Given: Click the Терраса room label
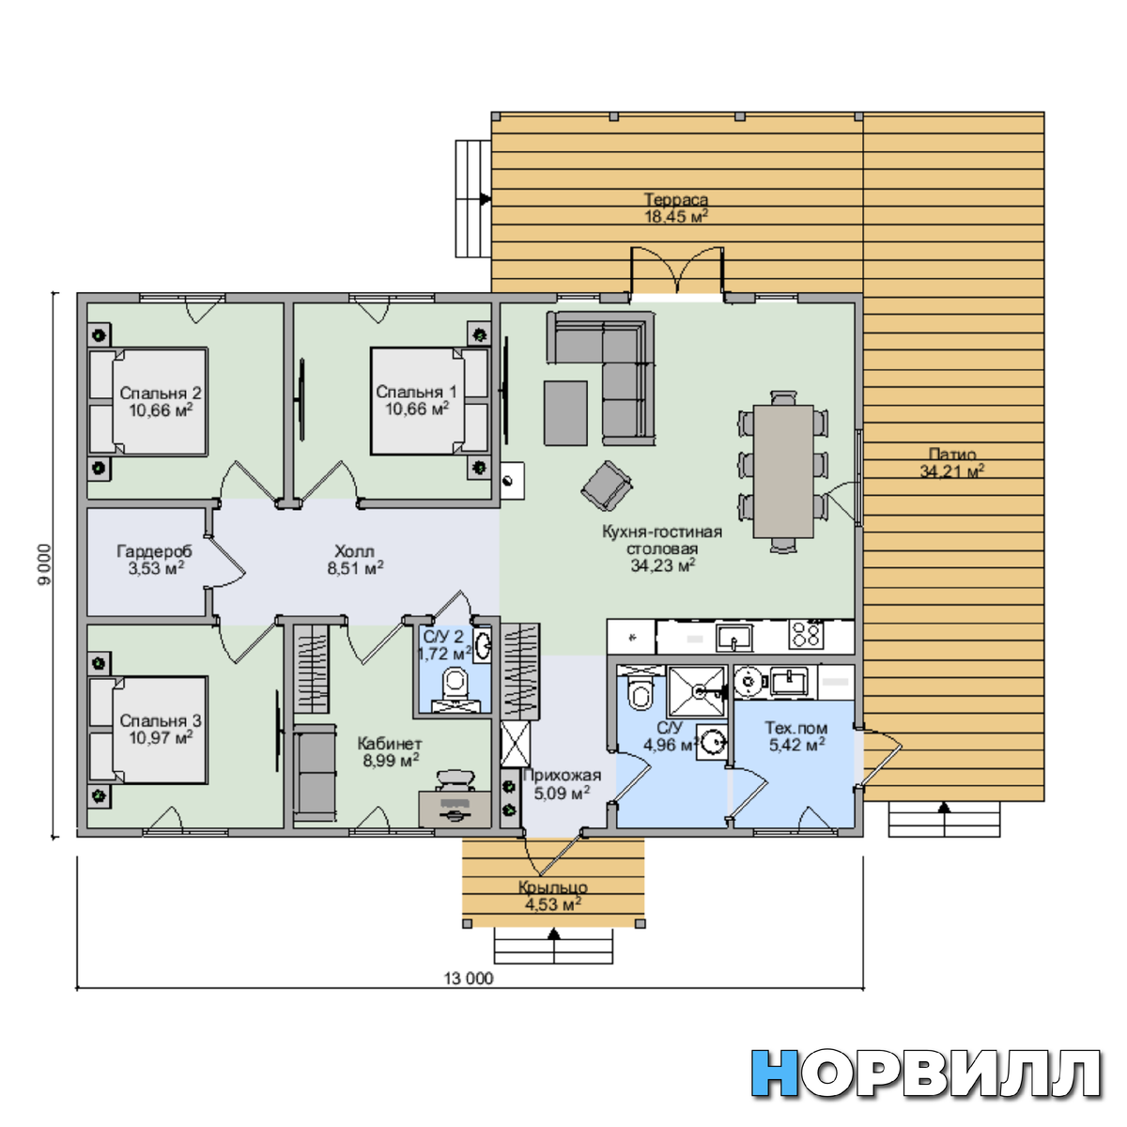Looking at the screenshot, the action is tap(675, 199).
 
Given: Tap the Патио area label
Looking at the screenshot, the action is tap(951, 454).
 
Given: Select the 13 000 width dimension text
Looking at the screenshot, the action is tap(469, 978).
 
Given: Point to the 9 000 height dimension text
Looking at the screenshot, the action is tap(44, 564).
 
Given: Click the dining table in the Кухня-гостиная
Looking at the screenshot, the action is tap(783, 471).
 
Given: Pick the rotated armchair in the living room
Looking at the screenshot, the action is tap(607, 486).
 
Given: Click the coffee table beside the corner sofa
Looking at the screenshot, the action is tap(565, 413).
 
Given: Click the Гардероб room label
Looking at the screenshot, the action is tap(154, 551).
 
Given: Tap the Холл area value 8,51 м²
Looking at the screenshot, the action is tap(355, 568).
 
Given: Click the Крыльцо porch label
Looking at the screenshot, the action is tap(552, 888).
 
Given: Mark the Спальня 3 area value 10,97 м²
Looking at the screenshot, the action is tap(161, 738).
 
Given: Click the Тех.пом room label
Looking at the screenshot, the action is tap(796, 728).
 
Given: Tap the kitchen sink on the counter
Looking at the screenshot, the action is tap(734, 636).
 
